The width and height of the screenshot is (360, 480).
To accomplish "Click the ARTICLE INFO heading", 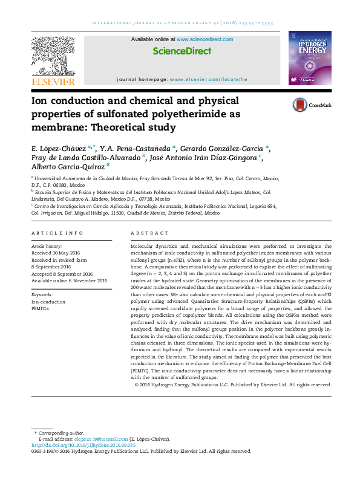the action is pyautogui.click(x=57, y=233).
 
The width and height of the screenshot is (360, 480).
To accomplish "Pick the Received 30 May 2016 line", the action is pyautogui.click(x=56, y=253).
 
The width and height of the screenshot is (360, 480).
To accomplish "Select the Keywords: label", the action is pyautogui.click(x=42, y=294).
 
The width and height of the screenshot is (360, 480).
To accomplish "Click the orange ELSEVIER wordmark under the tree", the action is pyautogui.click(x=53, y=82).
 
